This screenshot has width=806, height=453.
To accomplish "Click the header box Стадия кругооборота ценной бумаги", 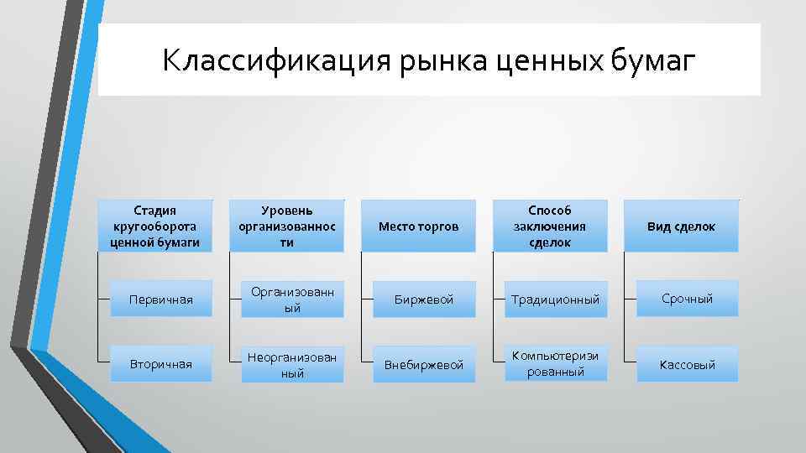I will (x=155, y=226).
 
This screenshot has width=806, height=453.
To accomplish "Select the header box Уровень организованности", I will (x=286, y=226).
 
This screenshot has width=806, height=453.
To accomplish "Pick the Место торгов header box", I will (x=418, y=226).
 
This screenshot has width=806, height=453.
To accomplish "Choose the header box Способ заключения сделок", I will (x=549, y=226).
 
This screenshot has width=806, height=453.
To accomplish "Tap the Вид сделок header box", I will (x=681, y=226).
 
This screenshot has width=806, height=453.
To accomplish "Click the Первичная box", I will (x=161, y=299).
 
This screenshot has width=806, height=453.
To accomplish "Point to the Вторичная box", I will (x=161, y=364).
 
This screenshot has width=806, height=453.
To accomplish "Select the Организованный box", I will (x=292, y=299).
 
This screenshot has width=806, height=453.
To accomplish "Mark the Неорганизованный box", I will (x=292, y=364).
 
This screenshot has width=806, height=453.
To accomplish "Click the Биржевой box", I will (x=424, y=299).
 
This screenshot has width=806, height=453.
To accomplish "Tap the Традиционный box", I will (x=555, y=299).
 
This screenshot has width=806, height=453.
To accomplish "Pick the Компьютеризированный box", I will (x=555, y=364).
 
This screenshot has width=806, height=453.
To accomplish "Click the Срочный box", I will (x=687, y=298).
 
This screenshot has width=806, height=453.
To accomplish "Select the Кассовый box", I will (x=687, y=364).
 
